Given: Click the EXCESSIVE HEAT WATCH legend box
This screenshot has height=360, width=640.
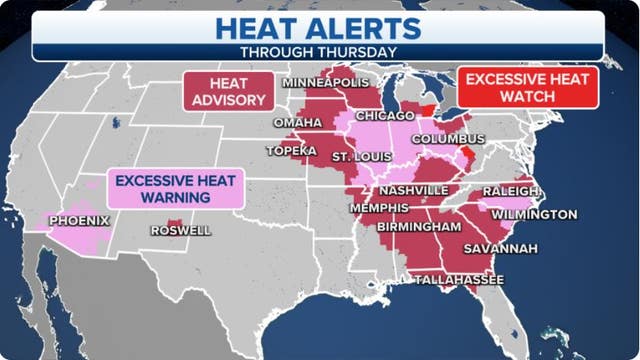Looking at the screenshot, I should coord(529,86).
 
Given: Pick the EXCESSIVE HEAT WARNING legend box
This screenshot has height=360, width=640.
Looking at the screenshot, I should coord(175,189).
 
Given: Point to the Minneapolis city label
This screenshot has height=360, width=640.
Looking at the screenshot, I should coord(326,81).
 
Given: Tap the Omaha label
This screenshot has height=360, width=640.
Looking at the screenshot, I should coord(297,123).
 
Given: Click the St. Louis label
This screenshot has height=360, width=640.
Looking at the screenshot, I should coord(355,157).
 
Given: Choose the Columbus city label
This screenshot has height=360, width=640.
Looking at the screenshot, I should coord(447,138).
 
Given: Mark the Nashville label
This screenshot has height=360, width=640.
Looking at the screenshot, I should coord(412,190).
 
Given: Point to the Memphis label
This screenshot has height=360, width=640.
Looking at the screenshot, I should coord(379,208).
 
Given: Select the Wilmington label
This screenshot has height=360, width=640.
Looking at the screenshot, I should coord(534,214).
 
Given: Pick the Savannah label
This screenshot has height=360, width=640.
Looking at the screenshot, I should coord(500,248).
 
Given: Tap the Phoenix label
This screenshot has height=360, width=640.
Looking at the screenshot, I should coord(79,220).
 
